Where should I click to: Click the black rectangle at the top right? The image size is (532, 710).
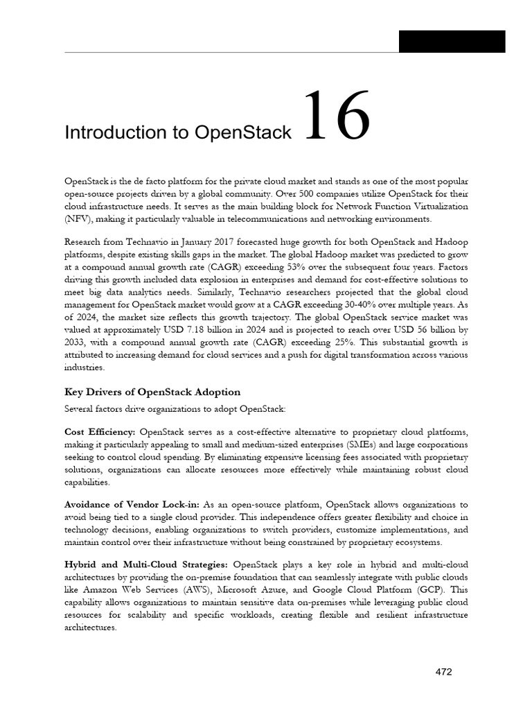pos(452,42)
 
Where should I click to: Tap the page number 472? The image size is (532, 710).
pos(443,671)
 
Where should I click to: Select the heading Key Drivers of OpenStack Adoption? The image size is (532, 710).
pos(152,392)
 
